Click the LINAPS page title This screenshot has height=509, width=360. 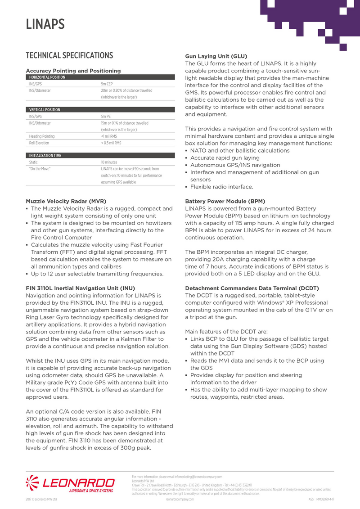[x=45, y=24]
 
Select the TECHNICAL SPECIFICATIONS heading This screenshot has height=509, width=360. [x=69, y=56]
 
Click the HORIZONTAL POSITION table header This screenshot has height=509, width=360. [x=47, y=77]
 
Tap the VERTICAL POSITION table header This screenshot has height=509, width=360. [x=45, y=110]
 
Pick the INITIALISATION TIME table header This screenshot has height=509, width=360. [x=45, y=156]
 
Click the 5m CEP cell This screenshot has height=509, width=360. [x=107, y=84]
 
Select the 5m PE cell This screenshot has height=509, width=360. [x=106, y=117]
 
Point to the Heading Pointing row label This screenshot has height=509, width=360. [x=42, y=136]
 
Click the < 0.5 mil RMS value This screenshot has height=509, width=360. [x=111, y=143]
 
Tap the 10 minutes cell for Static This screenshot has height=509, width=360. [x=109, y=162]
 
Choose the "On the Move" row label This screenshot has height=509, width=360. [x=40, y=169]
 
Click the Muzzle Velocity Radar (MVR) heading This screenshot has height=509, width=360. [x=66, y=201]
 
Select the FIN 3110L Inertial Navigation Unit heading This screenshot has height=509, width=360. [x=81, y=288]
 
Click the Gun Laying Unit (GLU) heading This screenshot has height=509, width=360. [x=216, y=56]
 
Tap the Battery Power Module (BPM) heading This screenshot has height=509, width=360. [x=225, y=201]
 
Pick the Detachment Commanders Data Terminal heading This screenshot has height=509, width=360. [x=252, y=288]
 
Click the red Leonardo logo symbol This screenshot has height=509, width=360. [x=33, y=483]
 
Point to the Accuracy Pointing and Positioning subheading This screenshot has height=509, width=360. [x=73, y=71]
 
